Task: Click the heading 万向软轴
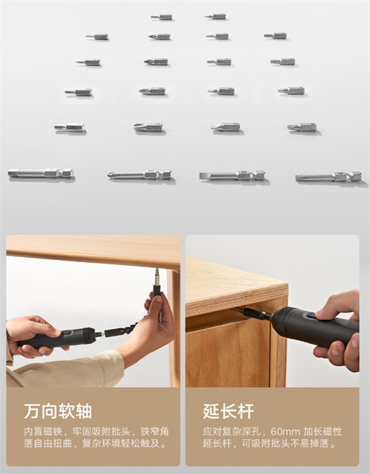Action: (58, 411)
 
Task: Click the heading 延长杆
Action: (229, 411)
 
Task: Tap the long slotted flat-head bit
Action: (232, 176)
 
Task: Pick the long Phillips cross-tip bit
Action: (140, 175)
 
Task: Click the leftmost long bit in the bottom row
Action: (41, 173)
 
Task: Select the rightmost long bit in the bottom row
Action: (329, 176)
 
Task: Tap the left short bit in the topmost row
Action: (161, 17)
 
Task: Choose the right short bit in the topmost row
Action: (215, 16)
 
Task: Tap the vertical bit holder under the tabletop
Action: (157, 283)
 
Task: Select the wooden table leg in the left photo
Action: (173, 328)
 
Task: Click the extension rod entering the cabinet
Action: (252, 313)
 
